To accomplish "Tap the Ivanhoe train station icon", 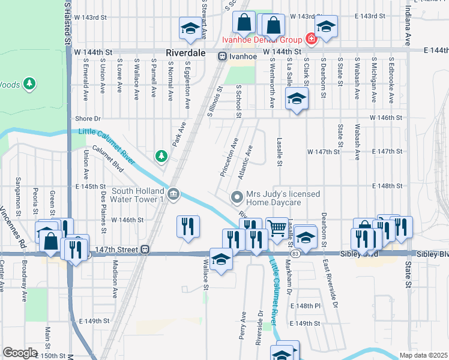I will click(x=222, y=56).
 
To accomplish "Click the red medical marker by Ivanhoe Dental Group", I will click(x=310, y=40).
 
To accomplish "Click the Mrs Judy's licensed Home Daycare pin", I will click(x=237, y=196).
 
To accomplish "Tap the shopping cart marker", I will click(x=277, y=227).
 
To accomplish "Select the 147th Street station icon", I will click(x=145, y=249).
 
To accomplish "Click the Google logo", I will click(x=20, y=353).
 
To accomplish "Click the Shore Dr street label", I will click(x=88, y=119).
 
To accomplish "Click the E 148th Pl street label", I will click(x=306, y=306).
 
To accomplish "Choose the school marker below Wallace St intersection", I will click(x=221, y=260).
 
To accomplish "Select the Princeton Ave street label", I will click(x=229, y=158).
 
